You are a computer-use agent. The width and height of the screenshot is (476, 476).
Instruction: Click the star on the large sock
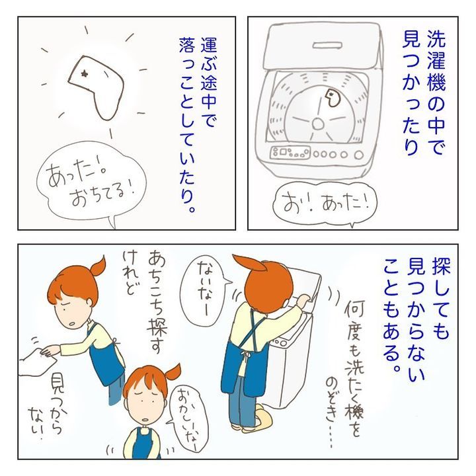[x=83, y=73]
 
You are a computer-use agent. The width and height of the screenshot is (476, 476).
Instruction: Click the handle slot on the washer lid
[x=327, y=46]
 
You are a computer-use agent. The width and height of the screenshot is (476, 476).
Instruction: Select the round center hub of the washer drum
[x=318, y=124]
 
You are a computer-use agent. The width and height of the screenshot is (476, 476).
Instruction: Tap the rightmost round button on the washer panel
[x=358, y=155]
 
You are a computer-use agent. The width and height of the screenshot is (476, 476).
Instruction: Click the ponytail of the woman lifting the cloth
[x=98, y=267]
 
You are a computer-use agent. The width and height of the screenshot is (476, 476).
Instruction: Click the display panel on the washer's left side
[x=290, y=152]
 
